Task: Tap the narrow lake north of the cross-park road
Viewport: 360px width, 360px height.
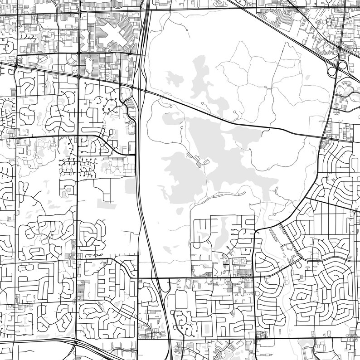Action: [x=199, y=73]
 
